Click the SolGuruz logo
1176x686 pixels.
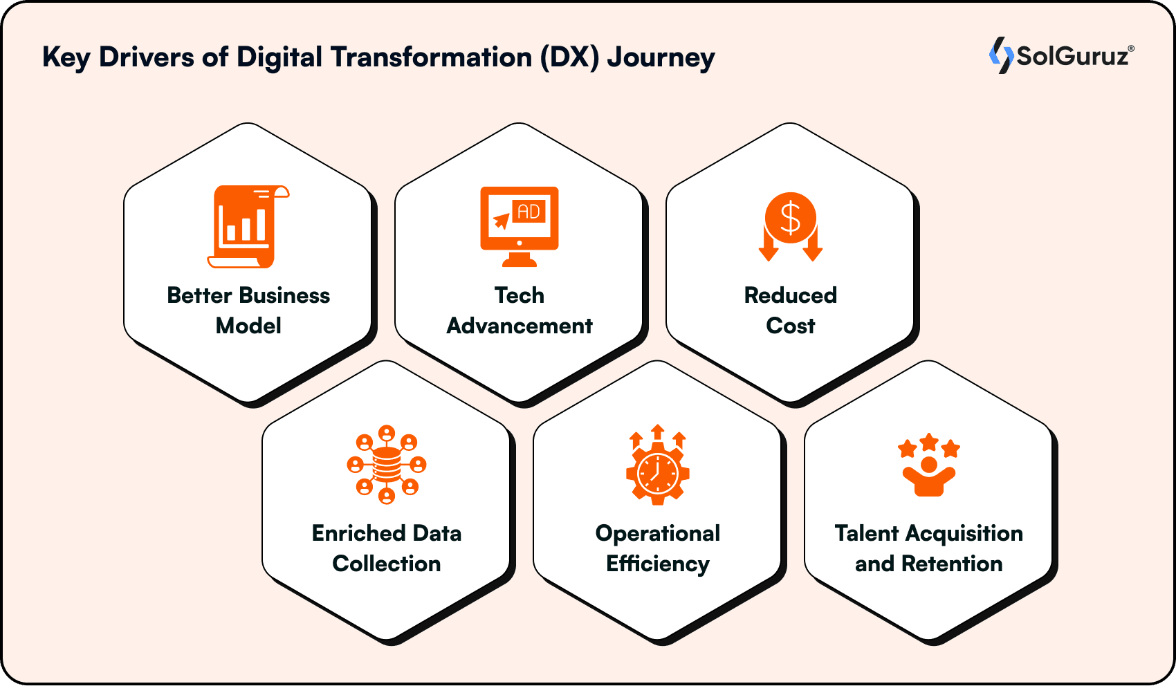(x=1061, y=55)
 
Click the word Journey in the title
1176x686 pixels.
(x=661, y=58)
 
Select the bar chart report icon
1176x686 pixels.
(x=248, y=226)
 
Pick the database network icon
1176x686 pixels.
(x=387, y=464)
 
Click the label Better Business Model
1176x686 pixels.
(x=248, y=310)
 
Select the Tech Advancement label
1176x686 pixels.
(x=520, y=310)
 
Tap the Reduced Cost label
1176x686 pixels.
(x=791, y=310)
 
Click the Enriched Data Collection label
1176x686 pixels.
(x=387, y=548)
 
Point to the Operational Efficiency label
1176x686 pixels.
(x=658, y=548)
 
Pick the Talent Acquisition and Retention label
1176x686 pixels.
(x=929, y=548)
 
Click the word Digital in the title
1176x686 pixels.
(x=279, y=58)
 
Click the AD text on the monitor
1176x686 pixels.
(x=529, y=212)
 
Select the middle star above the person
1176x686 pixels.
(x=929, y=442)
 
